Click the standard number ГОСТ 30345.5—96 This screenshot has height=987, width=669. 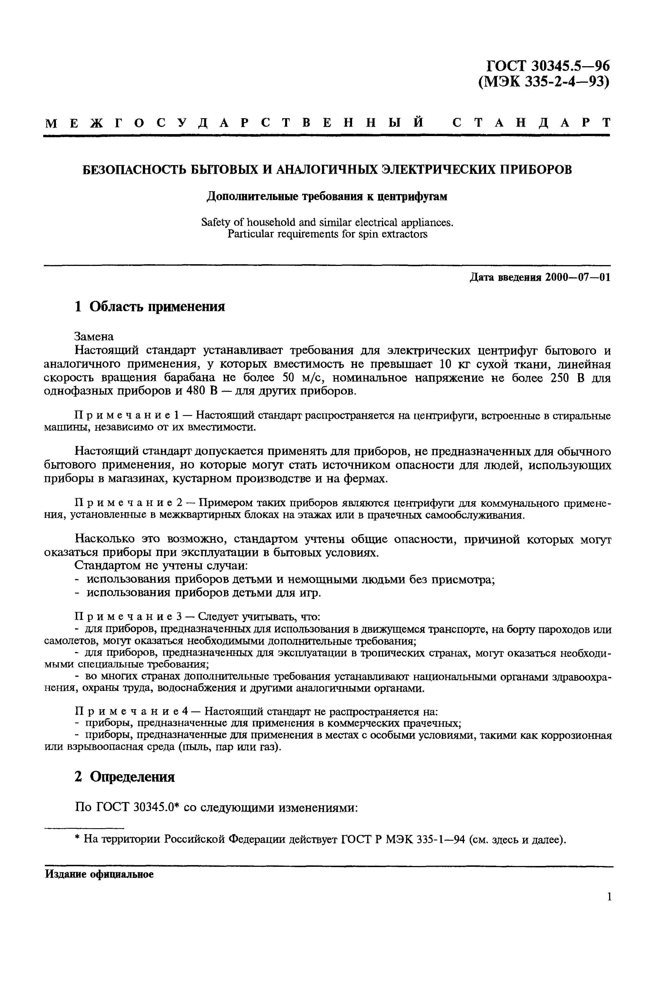coord(547,66)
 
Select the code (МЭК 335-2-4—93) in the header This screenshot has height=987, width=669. coord(544,81)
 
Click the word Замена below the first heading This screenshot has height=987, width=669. coord(94,337)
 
